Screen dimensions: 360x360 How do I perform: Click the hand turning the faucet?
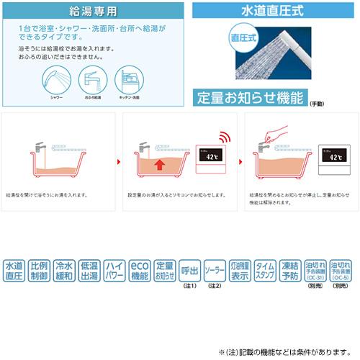(275, 135)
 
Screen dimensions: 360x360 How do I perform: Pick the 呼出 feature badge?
(189, 270)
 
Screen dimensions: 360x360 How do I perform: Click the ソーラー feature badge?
(215, 270)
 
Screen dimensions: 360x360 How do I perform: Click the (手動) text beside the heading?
(317, 104)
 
